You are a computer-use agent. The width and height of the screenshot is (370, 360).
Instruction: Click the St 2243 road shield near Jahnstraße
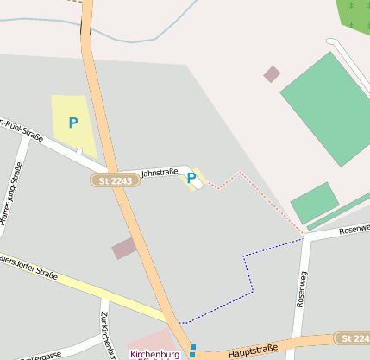coord(114,180)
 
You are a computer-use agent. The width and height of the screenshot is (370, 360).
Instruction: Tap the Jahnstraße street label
coord(159,172)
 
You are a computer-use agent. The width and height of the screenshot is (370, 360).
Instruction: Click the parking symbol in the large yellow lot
coord(73,123)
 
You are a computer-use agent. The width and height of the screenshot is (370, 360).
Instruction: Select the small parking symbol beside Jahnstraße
coord(191,179)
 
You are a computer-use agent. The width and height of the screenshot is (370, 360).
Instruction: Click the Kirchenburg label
coord(155,354)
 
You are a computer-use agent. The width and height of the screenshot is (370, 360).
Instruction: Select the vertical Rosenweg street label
coord(301,289)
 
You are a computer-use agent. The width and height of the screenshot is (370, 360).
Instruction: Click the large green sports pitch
coord(324,109)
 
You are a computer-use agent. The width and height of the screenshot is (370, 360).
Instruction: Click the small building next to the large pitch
coord(272,74)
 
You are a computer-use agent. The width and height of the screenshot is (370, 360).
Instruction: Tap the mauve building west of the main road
coord(124,249)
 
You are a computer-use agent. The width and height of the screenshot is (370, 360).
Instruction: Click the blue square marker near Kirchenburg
coord(192,347)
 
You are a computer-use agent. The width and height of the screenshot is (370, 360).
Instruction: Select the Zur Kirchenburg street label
coord(107,334)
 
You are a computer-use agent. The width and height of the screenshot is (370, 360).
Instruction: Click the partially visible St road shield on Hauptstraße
coord(354,338)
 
